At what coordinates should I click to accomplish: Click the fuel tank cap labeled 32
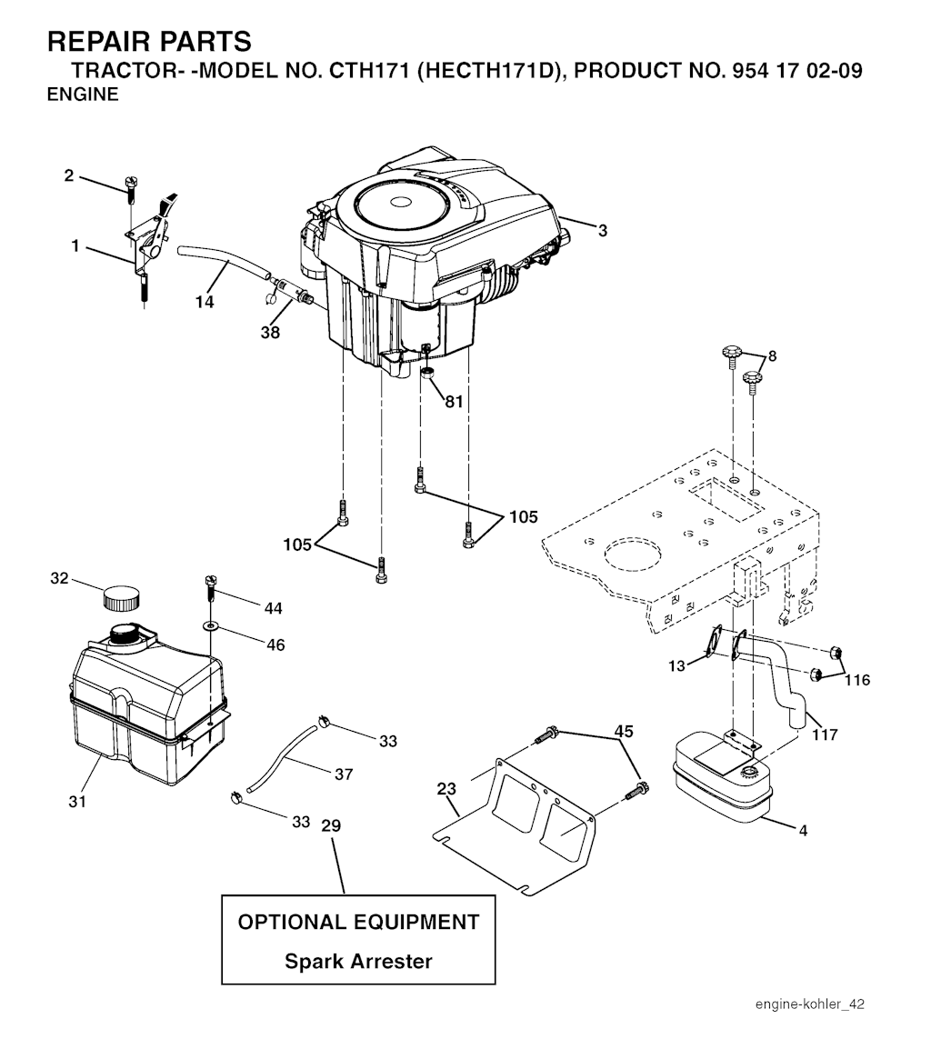point(121,597)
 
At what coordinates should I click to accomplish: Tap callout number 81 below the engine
point(454,401)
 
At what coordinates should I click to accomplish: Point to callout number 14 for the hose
point(205,302)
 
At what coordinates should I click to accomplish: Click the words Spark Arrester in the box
point(358,961)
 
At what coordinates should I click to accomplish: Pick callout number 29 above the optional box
point(331,825)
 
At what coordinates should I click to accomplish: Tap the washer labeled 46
point(212,626)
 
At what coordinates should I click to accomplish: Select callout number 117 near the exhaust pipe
point(824,734)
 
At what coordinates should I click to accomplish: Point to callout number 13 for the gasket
point(676,666)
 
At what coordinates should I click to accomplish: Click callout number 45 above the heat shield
point(623,731)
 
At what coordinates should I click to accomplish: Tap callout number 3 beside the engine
point(603,231)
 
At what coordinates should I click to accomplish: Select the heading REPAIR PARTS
point(149,41)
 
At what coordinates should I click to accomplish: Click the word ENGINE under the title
point(83,95)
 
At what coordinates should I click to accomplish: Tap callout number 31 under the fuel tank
point(77,801)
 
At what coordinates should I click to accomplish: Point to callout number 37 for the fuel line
point(343,774)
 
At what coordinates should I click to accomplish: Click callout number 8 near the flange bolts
point(772,356)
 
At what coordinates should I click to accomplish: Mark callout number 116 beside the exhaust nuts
point(856,680)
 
